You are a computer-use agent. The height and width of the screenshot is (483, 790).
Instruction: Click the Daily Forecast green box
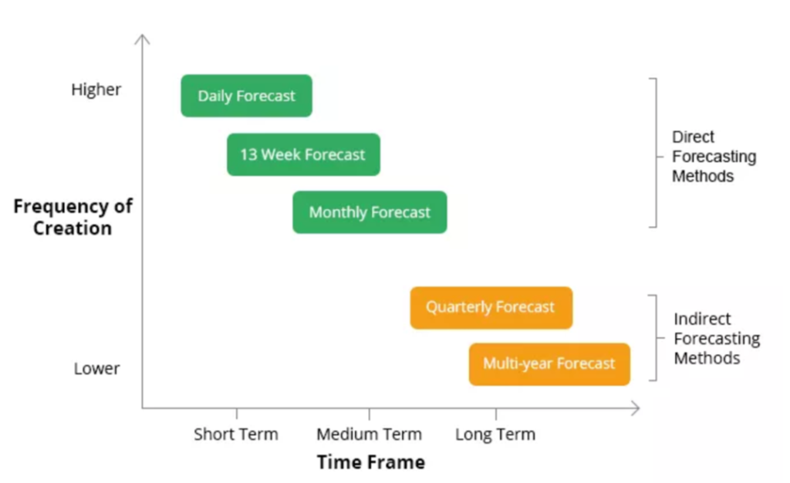tap(246, 96)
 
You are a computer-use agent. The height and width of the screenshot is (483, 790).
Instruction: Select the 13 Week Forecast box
tap(303, 154)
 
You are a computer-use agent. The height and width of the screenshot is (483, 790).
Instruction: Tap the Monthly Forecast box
tap(370, 212)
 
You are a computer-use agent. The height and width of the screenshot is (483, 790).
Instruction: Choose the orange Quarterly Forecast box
tap(491, 308)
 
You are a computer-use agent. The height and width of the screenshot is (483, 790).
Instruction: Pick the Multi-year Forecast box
tap(549, 364)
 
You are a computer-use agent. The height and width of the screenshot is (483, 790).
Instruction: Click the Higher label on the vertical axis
tap(96, 90)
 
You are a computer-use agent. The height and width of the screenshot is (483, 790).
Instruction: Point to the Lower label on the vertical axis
tap(96, 369)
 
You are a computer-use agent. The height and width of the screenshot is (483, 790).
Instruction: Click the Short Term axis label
tap(236, 434)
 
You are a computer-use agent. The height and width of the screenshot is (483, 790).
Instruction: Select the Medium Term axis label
tap(370, 434)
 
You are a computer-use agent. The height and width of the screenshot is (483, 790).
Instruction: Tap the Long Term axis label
tap(495, 434)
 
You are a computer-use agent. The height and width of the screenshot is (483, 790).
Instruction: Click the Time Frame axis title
tap(371, 462)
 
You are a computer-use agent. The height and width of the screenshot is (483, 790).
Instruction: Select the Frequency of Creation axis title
tap(73, 217)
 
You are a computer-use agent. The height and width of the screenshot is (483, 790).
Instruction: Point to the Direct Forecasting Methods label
tap(714, 157)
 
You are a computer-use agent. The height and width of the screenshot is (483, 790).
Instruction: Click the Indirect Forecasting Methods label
tap(717, 339)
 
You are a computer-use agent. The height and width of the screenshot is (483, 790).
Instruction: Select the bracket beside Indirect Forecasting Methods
tap(656, 338)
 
